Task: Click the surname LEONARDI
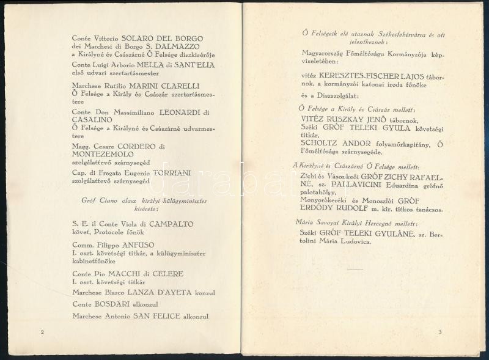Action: pos(180,112)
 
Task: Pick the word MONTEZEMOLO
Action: pos(100,155)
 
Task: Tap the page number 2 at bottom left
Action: pos(42,332)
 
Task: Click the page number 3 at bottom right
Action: pos(439,332)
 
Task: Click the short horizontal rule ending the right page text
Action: pos(356,268)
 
